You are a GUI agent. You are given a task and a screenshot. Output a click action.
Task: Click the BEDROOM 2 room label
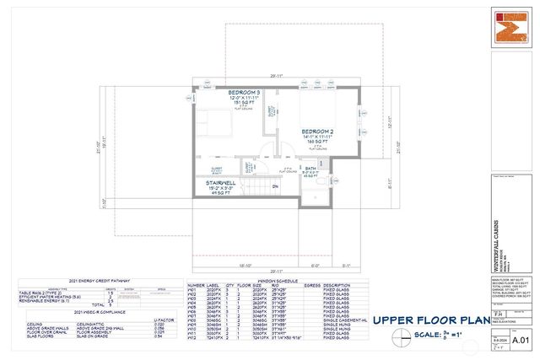point(321,132)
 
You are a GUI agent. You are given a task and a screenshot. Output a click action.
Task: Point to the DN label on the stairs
point(275,186)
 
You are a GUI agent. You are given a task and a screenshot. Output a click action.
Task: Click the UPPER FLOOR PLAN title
point(431,320)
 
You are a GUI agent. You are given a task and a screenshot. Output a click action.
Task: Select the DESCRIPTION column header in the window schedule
point(343,285)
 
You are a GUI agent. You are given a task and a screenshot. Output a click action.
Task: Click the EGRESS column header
point(311,285)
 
